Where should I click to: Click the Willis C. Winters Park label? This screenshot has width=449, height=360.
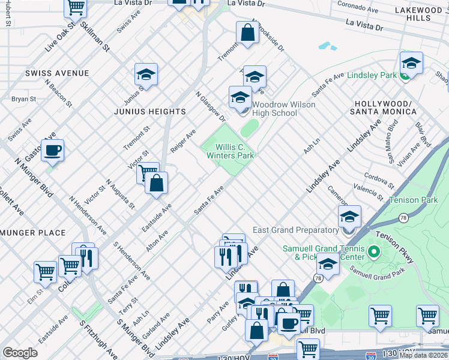coord(231,151)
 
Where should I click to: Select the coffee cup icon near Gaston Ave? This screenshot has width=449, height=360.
coord(52,151)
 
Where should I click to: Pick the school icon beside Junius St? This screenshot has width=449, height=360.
coord(146,75)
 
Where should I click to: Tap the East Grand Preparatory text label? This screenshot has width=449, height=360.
coord(295,230)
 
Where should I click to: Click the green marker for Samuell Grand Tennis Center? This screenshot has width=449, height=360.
coord(373,252)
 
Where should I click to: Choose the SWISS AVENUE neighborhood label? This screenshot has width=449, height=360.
coord(57,73)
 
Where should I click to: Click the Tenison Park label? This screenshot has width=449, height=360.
coord(413,200)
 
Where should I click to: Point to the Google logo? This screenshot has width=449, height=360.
coord(20,353)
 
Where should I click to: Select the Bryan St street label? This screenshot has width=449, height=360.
coord(24,99)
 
